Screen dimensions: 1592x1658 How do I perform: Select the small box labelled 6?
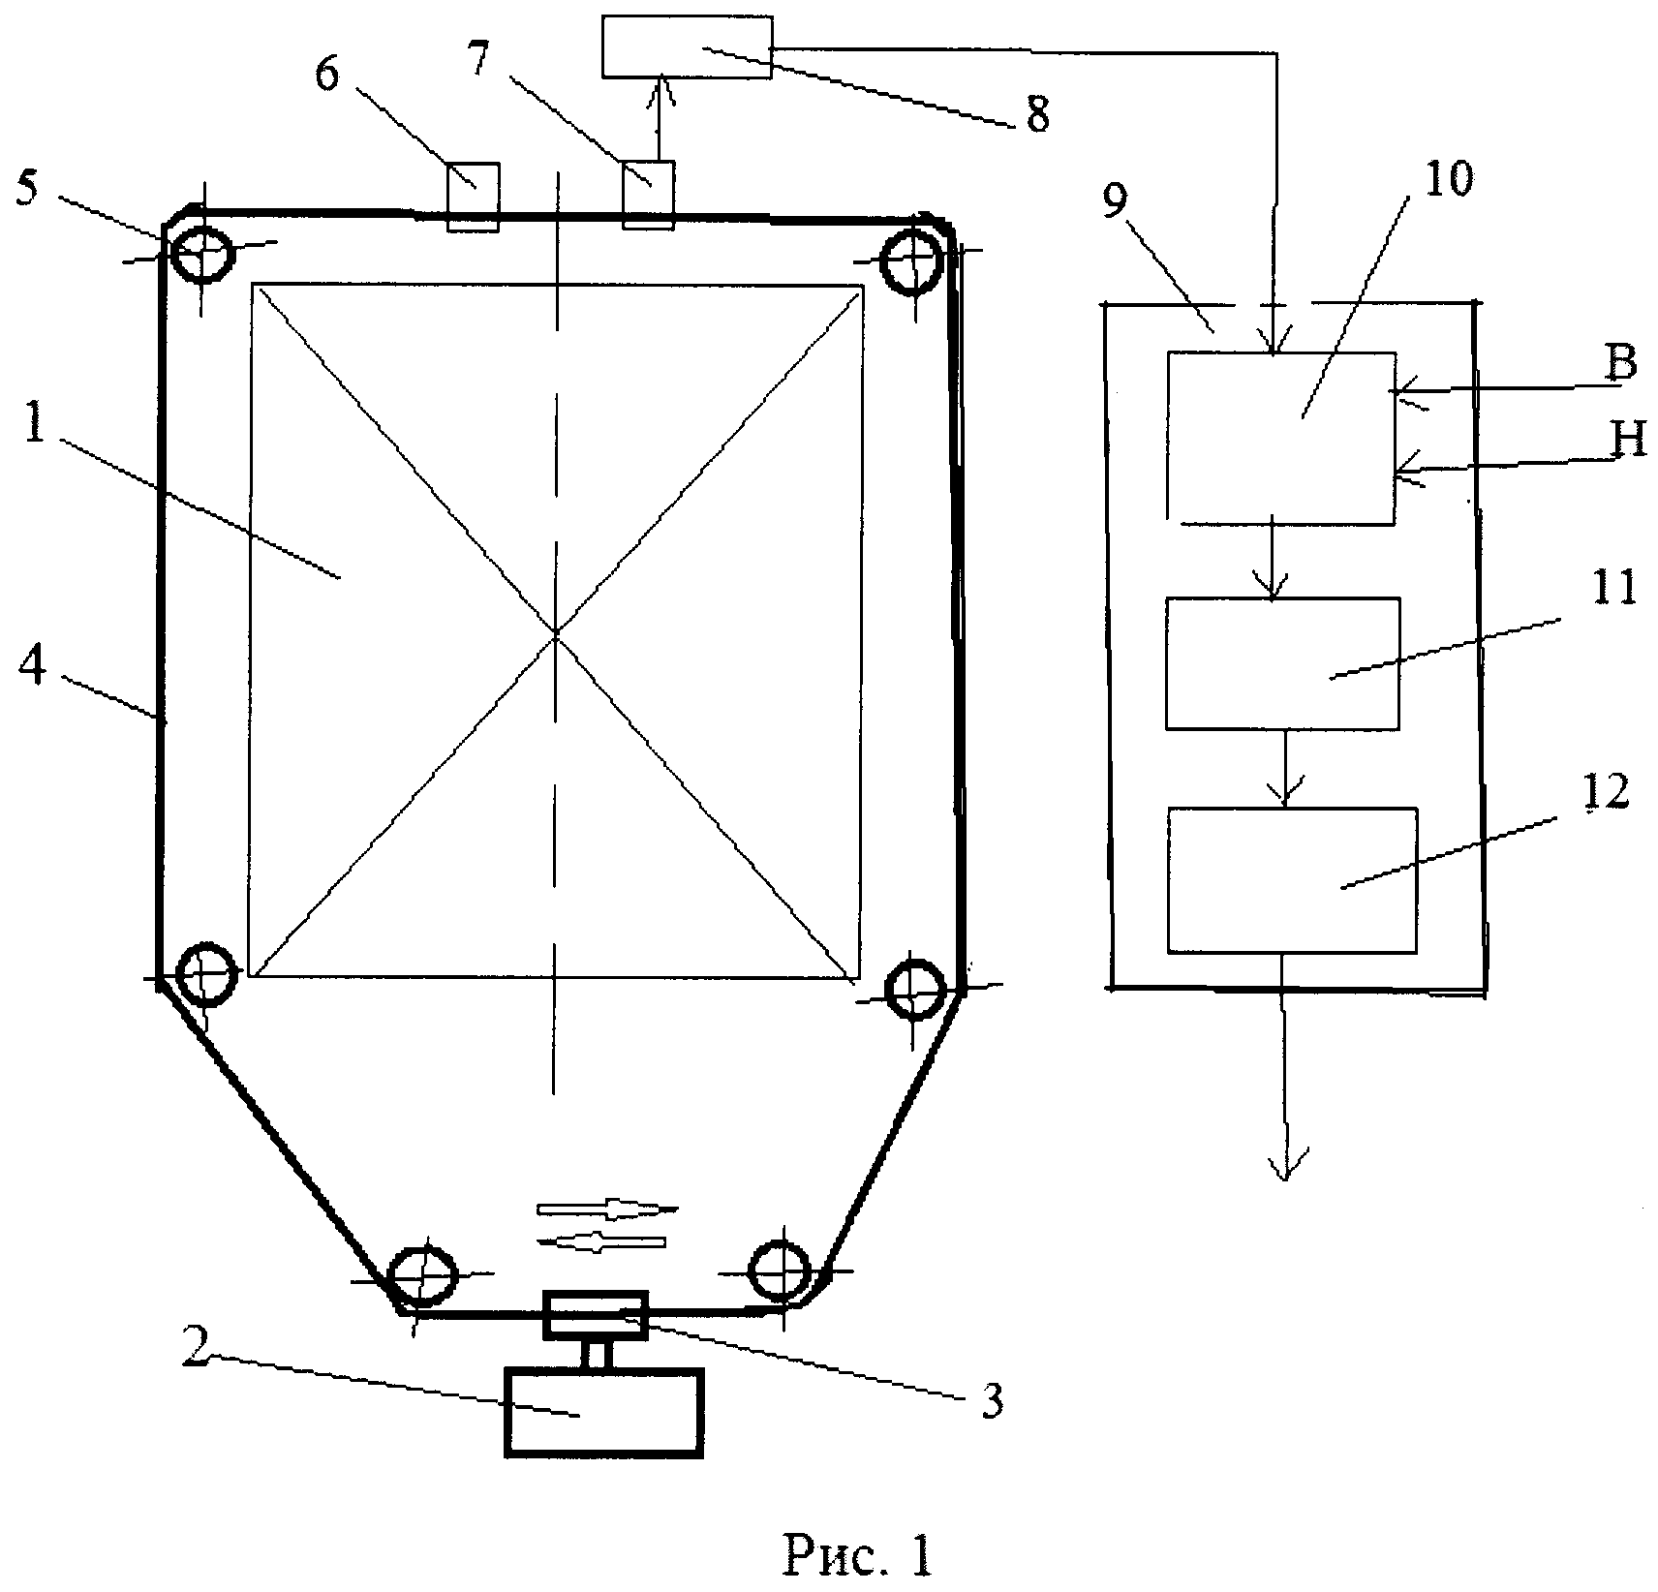coord(474,195)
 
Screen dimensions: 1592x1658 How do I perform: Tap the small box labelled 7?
coord(647,193)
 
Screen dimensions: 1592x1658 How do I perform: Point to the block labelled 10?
coord(1281,439)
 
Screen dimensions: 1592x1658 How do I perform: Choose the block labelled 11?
coord(1282,663)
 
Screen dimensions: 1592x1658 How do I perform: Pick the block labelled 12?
coord(1292,879)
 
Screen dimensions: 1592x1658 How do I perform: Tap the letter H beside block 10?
coord(1629,441)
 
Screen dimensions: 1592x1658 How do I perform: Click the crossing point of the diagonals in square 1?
coord(556,631)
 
